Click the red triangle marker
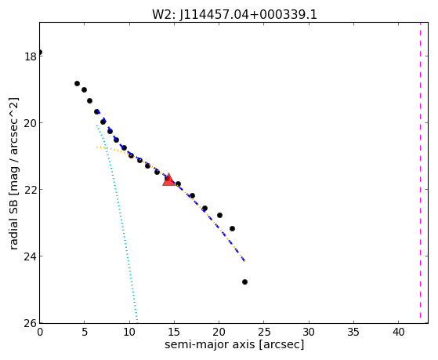coord(168,180)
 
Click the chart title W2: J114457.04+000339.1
coord(234,15)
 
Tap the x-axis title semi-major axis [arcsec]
coord(234,344)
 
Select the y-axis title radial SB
coord(13,224)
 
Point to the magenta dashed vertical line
coord(420,170)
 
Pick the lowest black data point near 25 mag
coord(244,282)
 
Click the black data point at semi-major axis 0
coord(40,53)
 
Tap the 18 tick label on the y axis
coord(30,56)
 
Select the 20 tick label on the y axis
coord(30,123)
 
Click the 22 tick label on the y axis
coord(30,190)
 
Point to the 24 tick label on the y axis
coord(30,256)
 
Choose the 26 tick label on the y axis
coord(30,323)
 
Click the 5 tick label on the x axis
coord(85,333)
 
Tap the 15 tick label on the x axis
coord(174,333)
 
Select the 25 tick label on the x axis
coord(264,333)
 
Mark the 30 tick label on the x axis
coord(309,333)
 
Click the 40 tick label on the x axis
coord(399,333)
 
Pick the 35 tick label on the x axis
coord(353,333)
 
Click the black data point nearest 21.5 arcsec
coord(232,228)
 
